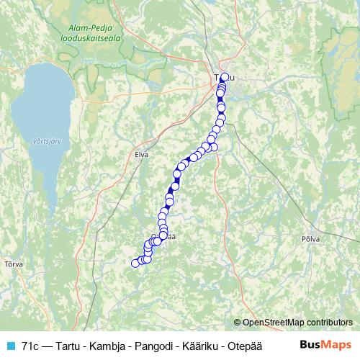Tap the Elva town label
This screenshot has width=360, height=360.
pyautogui.click(x=140, y=153)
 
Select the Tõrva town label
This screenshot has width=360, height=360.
pyautogui.click(x=13, y=264)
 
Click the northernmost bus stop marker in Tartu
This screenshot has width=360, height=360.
pyautogui.click(x=224, y=77)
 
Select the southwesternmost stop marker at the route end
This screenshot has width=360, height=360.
pyautogui.click(x=135, y=264)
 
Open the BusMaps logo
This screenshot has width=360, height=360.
pyautogui.click(x=325, y=344)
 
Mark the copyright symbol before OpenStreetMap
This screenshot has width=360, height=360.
pyautogui.click(x=238, y=323)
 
